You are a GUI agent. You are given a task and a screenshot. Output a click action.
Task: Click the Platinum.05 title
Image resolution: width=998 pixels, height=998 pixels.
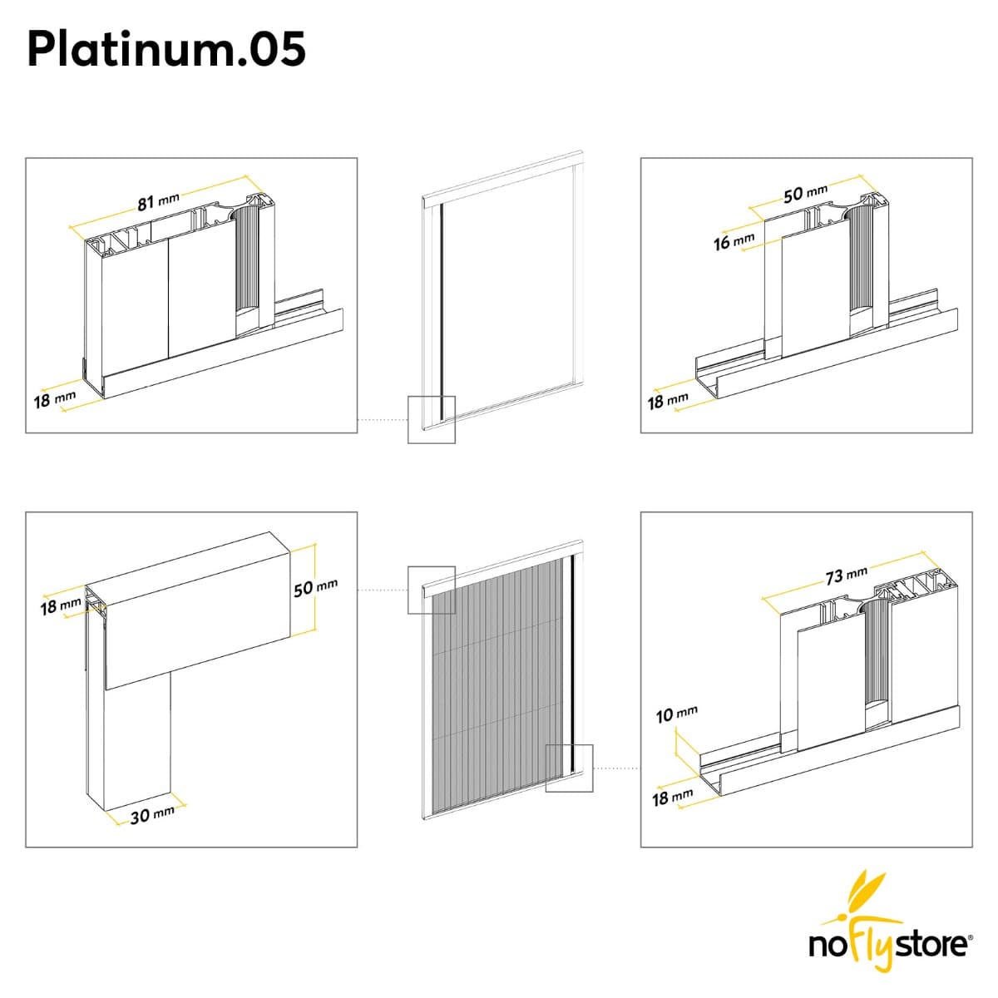166,49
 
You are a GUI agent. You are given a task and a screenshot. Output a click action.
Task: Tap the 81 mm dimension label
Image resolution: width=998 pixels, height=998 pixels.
159,201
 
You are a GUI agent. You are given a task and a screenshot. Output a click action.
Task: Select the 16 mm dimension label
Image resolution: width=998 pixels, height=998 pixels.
734,240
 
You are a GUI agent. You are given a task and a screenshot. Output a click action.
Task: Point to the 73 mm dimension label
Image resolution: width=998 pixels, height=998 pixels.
847,575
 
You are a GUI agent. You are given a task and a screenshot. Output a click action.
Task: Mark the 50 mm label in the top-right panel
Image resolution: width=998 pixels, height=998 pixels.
805,193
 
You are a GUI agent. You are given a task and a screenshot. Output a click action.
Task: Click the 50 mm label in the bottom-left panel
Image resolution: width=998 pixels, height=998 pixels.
316,587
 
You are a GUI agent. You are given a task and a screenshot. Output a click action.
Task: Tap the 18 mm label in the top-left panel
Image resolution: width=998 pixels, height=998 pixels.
55,399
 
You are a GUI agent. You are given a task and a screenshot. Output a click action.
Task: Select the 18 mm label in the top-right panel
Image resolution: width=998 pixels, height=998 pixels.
668,400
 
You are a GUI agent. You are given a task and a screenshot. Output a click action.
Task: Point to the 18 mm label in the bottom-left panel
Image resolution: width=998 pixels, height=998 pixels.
61,605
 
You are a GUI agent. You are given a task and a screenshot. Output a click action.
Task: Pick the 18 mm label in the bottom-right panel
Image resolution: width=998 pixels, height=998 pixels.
672,798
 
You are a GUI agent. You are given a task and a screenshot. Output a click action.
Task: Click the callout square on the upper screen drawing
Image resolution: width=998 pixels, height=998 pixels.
432,419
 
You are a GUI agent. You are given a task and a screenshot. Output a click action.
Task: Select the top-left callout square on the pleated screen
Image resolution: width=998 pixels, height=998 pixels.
432,590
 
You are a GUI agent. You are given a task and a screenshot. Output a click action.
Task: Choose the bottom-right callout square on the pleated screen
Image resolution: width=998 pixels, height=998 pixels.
569,768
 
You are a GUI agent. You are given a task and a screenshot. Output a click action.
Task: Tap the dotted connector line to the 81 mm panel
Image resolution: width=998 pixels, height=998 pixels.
383,420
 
